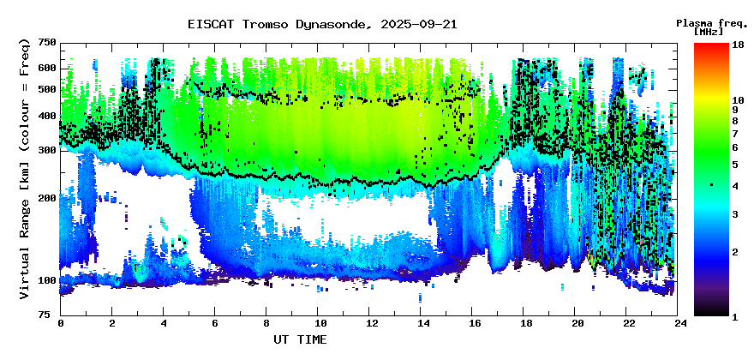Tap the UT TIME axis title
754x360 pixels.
[300, 339]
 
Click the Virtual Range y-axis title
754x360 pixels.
[24, 168]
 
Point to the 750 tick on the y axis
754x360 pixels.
[47, 43]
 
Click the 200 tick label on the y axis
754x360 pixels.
[47, 198]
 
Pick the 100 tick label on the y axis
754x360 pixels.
[47, 280]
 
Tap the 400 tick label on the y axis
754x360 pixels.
[47, 117]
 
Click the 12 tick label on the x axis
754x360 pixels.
[371, 324]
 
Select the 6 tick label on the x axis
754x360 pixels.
[215, 324]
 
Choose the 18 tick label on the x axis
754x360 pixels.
[526, 324]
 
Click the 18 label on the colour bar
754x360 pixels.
[736, 44]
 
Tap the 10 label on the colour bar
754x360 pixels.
[736, 100]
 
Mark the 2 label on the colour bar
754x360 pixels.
[734, 252]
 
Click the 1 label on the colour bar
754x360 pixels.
[734, 317]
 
